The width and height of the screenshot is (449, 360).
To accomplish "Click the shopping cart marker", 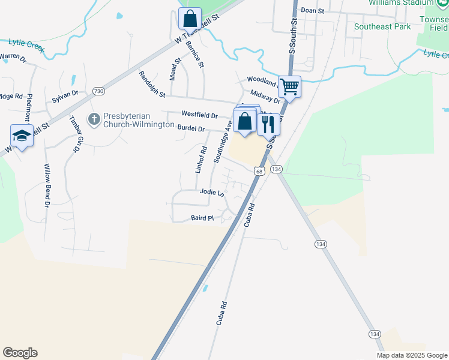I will click(x=290, y=86).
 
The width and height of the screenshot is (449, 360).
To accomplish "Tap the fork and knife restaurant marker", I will click(x=268, y=124).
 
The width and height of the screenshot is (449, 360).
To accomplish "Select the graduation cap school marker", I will click(x=22, y=136).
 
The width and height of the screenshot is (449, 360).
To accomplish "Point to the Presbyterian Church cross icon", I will click(x=94, y=119).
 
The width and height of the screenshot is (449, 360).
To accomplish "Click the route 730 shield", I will click(x=99, y=91).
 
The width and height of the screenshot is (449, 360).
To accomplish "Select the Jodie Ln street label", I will click(x=211, y=193).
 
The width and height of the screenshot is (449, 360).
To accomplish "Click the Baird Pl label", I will click(x=202, y=218).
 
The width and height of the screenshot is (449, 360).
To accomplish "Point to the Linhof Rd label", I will click(x=201, y=160).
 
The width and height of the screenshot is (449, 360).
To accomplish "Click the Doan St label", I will click(x=312, y=10).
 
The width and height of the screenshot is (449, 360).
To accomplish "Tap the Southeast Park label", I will click(x=382, y=26).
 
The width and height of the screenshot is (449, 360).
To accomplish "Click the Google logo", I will click(x=20, y=353).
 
